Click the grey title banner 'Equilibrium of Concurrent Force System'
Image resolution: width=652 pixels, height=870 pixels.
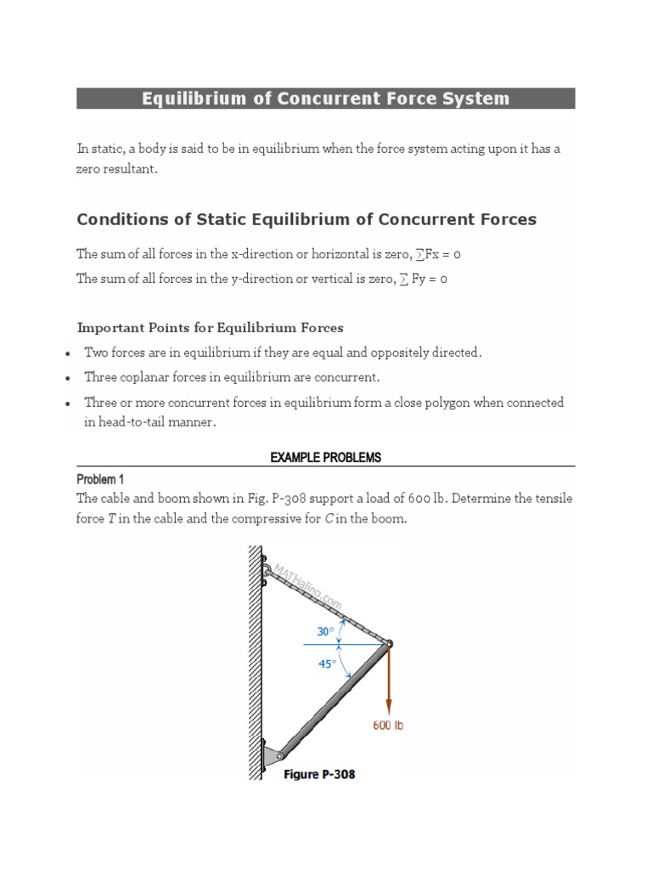point(326,99)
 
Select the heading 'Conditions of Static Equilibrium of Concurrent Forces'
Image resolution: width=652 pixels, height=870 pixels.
point(306,220)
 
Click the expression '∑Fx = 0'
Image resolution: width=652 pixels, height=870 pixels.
point(435,254)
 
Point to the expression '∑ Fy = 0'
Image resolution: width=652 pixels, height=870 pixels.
point(424,280)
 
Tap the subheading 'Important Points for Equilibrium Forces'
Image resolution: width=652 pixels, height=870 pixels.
point(210,327)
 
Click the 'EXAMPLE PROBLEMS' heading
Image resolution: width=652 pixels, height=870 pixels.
point(326,457)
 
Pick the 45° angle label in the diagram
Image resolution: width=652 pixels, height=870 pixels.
point(328,664)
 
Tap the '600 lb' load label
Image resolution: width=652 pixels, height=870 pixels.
point(388,726)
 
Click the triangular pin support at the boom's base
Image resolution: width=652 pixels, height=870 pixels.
point(272,754)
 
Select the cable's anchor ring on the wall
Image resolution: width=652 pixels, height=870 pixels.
point(267,570)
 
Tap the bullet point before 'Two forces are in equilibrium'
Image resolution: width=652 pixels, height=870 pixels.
point(67,353)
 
